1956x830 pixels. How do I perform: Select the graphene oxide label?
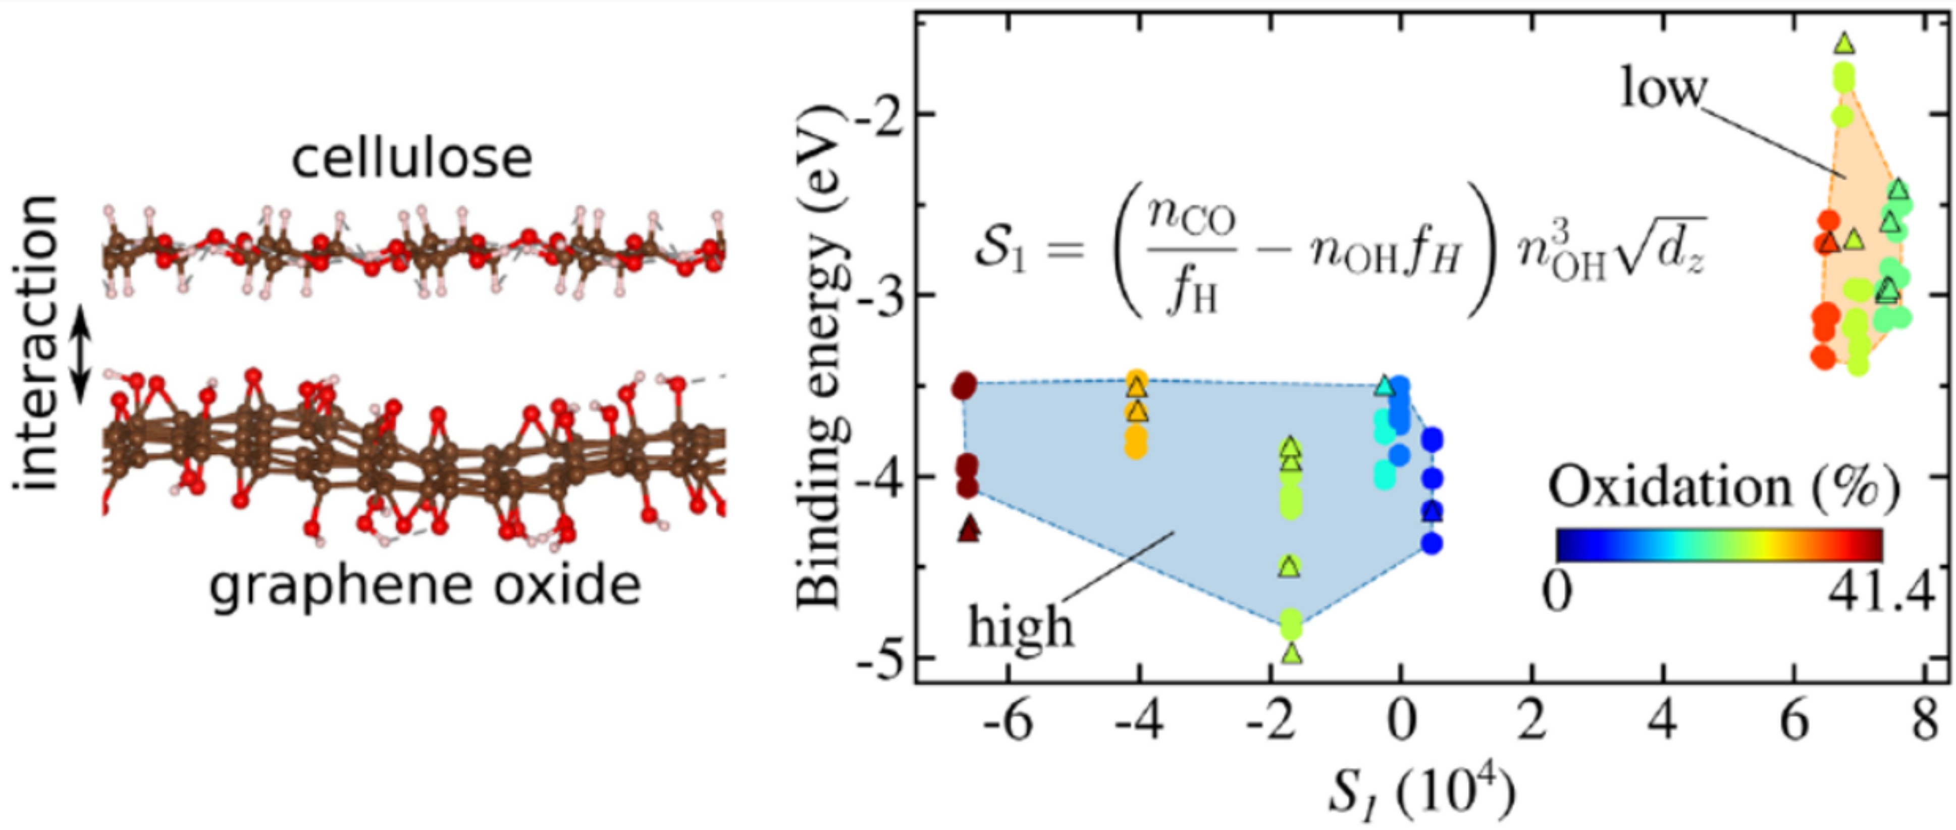click(x=425, y=586)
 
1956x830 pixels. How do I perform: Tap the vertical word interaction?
click(x=36, y=343)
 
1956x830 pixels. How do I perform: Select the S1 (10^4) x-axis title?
click(x=1420, y=794)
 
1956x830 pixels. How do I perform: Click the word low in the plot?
click(x=1663, y=88)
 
